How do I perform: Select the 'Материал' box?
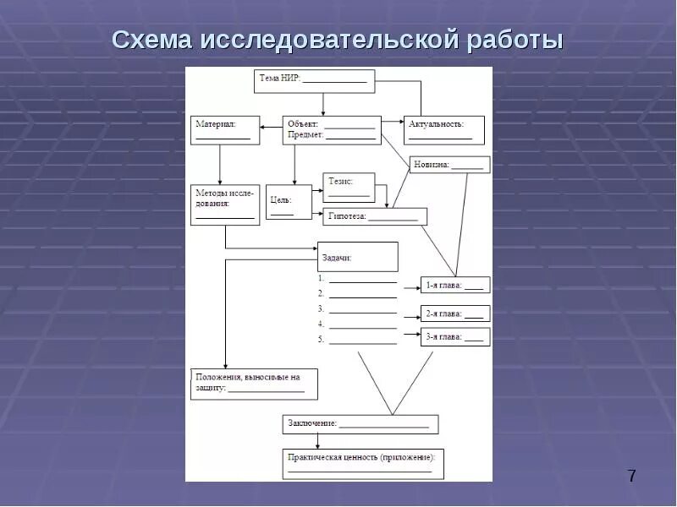225,130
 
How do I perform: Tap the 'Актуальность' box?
443,130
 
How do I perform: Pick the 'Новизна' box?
449,165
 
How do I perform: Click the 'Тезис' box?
349,187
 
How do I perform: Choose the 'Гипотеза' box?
375,216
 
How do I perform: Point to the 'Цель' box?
288,202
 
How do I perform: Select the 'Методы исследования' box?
224,204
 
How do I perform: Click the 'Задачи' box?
357,257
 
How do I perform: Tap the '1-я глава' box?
454,285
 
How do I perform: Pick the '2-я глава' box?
454,313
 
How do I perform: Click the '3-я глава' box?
454,336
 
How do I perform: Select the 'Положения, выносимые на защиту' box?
254,383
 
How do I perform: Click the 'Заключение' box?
360,423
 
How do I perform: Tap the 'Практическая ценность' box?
363,463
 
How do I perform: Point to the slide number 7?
631,476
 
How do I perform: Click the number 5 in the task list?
322,339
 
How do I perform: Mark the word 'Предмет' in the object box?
305,135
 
